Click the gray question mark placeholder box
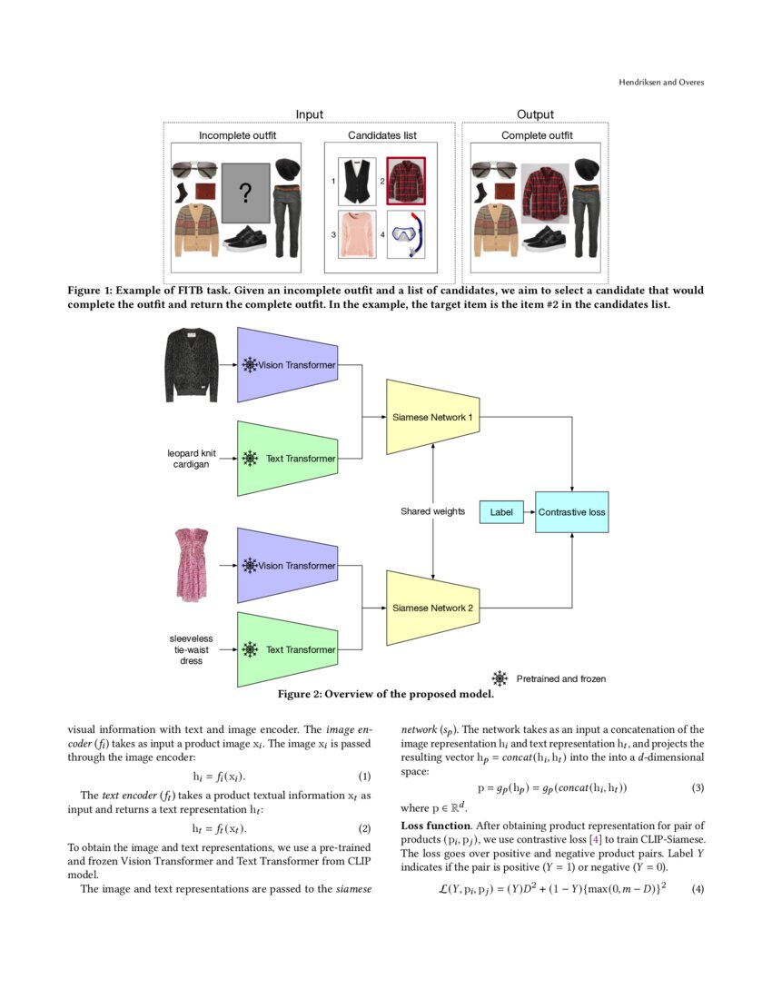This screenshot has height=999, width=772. [x=245, y=193]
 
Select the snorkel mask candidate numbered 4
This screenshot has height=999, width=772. [x=405, y=235]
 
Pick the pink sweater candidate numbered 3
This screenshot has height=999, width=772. [x=356, y=234]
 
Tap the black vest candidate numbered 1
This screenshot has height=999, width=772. [x=356, y=181]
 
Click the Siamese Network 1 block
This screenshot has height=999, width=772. [x=433, y=417]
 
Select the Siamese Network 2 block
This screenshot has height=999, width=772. [x=433, y=608]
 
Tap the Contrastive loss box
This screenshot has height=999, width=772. [x=571, y=512]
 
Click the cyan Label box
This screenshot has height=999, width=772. [x=500, y=512]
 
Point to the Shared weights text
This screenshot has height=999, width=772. [x=432, y=511]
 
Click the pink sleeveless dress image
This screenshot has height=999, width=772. [x=192, y=565]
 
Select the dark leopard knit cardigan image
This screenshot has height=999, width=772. [x=193, y=365]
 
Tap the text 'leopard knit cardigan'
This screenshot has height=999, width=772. [x=192, y=458]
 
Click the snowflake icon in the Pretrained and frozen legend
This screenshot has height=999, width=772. [x=500, y=678]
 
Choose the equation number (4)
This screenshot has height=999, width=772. [x=697, y=887]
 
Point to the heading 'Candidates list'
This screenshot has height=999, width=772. [x=382, y=135]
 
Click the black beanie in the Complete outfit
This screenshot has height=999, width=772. [x=589, y=169]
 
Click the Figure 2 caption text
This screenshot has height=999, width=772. [x=385, y=695]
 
